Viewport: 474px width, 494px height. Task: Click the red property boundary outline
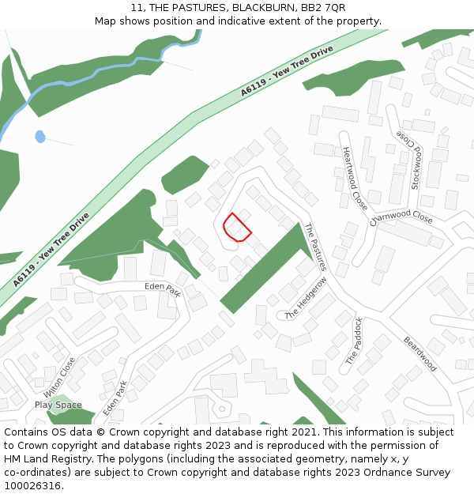tap(236, 228)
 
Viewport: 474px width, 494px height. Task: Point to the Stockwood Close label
tap(411, 160)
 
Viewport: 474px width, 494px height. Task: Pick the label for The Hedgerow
tap(306, 299)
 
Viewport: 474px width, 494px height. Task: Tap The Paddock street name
tap(354, 341)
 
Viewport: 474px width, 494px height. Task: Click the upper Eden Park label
tap(163, 288)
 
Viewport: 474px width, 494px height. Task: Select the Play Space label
tap(58, 405)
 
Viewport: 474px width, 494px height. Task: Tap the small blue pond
tap(40, 137)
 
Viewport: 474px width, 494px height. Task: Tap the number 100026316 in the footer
tap(32, 485)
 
